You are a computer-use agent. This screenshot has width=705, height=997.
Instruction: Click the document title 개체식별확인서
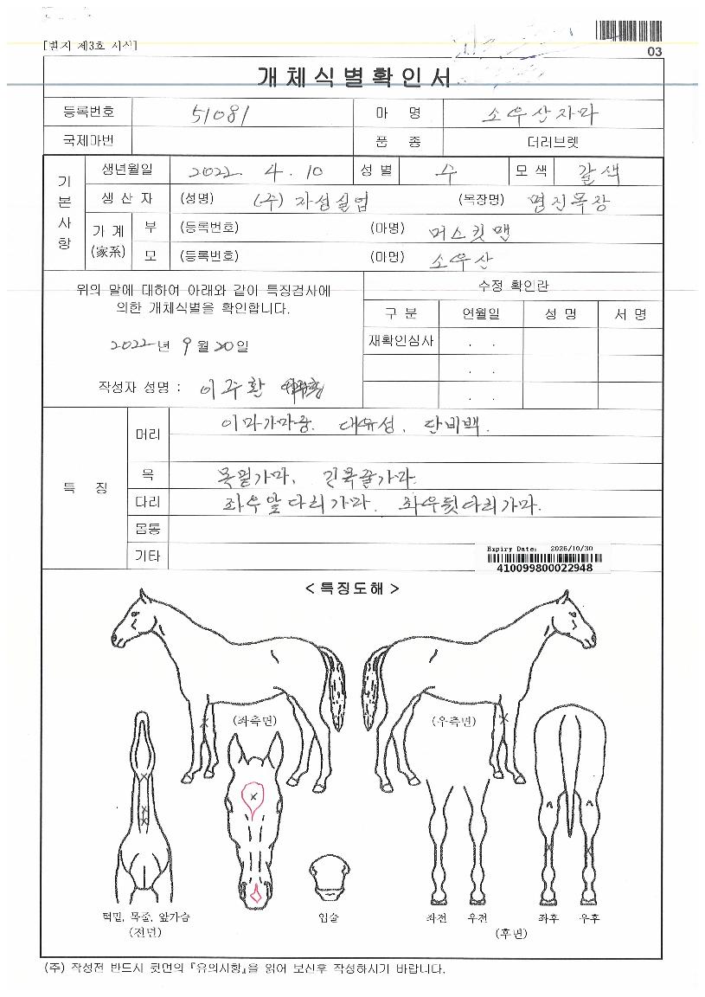pyautogui.click(x=354, y=78)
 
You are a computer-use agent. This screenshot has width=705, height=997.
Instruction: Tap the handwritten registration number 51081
pyautogui.click(x=215, y=114)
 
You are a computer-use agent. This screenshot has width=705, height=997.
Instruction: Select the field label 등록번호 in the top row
pyautogui.click(x=88, y=113)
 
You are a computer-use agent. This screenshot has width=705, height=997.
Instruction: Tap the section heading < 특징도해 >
pyautogui.click(x=351, y=589)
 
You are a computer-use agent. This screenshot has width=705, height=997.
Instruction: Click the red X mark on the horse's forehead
pyautogui.click(x=253, y=794)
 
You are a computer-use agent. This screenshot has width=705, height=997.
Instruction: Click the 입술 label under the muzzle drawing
pyautogui.click(x=330, y=917)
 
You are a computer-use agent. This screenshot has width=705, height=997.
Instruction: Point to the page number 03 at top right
pyautogui.click(x=654, y=52)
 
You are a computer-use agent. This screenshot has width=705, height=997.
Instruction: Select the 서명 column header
pyautogui.click(x=631, y=314)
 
